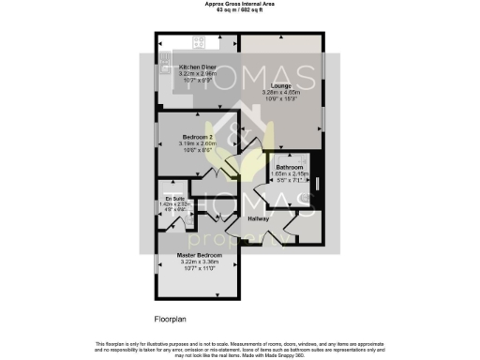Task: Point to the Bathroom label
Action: tap(289, 167)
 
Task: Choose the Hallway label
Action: tap(258, 218)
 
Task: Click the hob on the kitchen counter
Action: tap(198, 41)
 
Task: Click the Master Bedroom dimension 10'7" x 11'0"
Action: tap(197, 269)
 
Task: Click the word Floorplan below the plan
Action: tap(171, 319)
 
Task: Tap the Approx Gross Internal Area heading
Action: tap(240, 4)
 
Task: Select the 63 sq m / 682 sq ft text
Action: tap(240, 9)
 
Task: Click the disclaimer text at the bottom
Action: tap(240, 349)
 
